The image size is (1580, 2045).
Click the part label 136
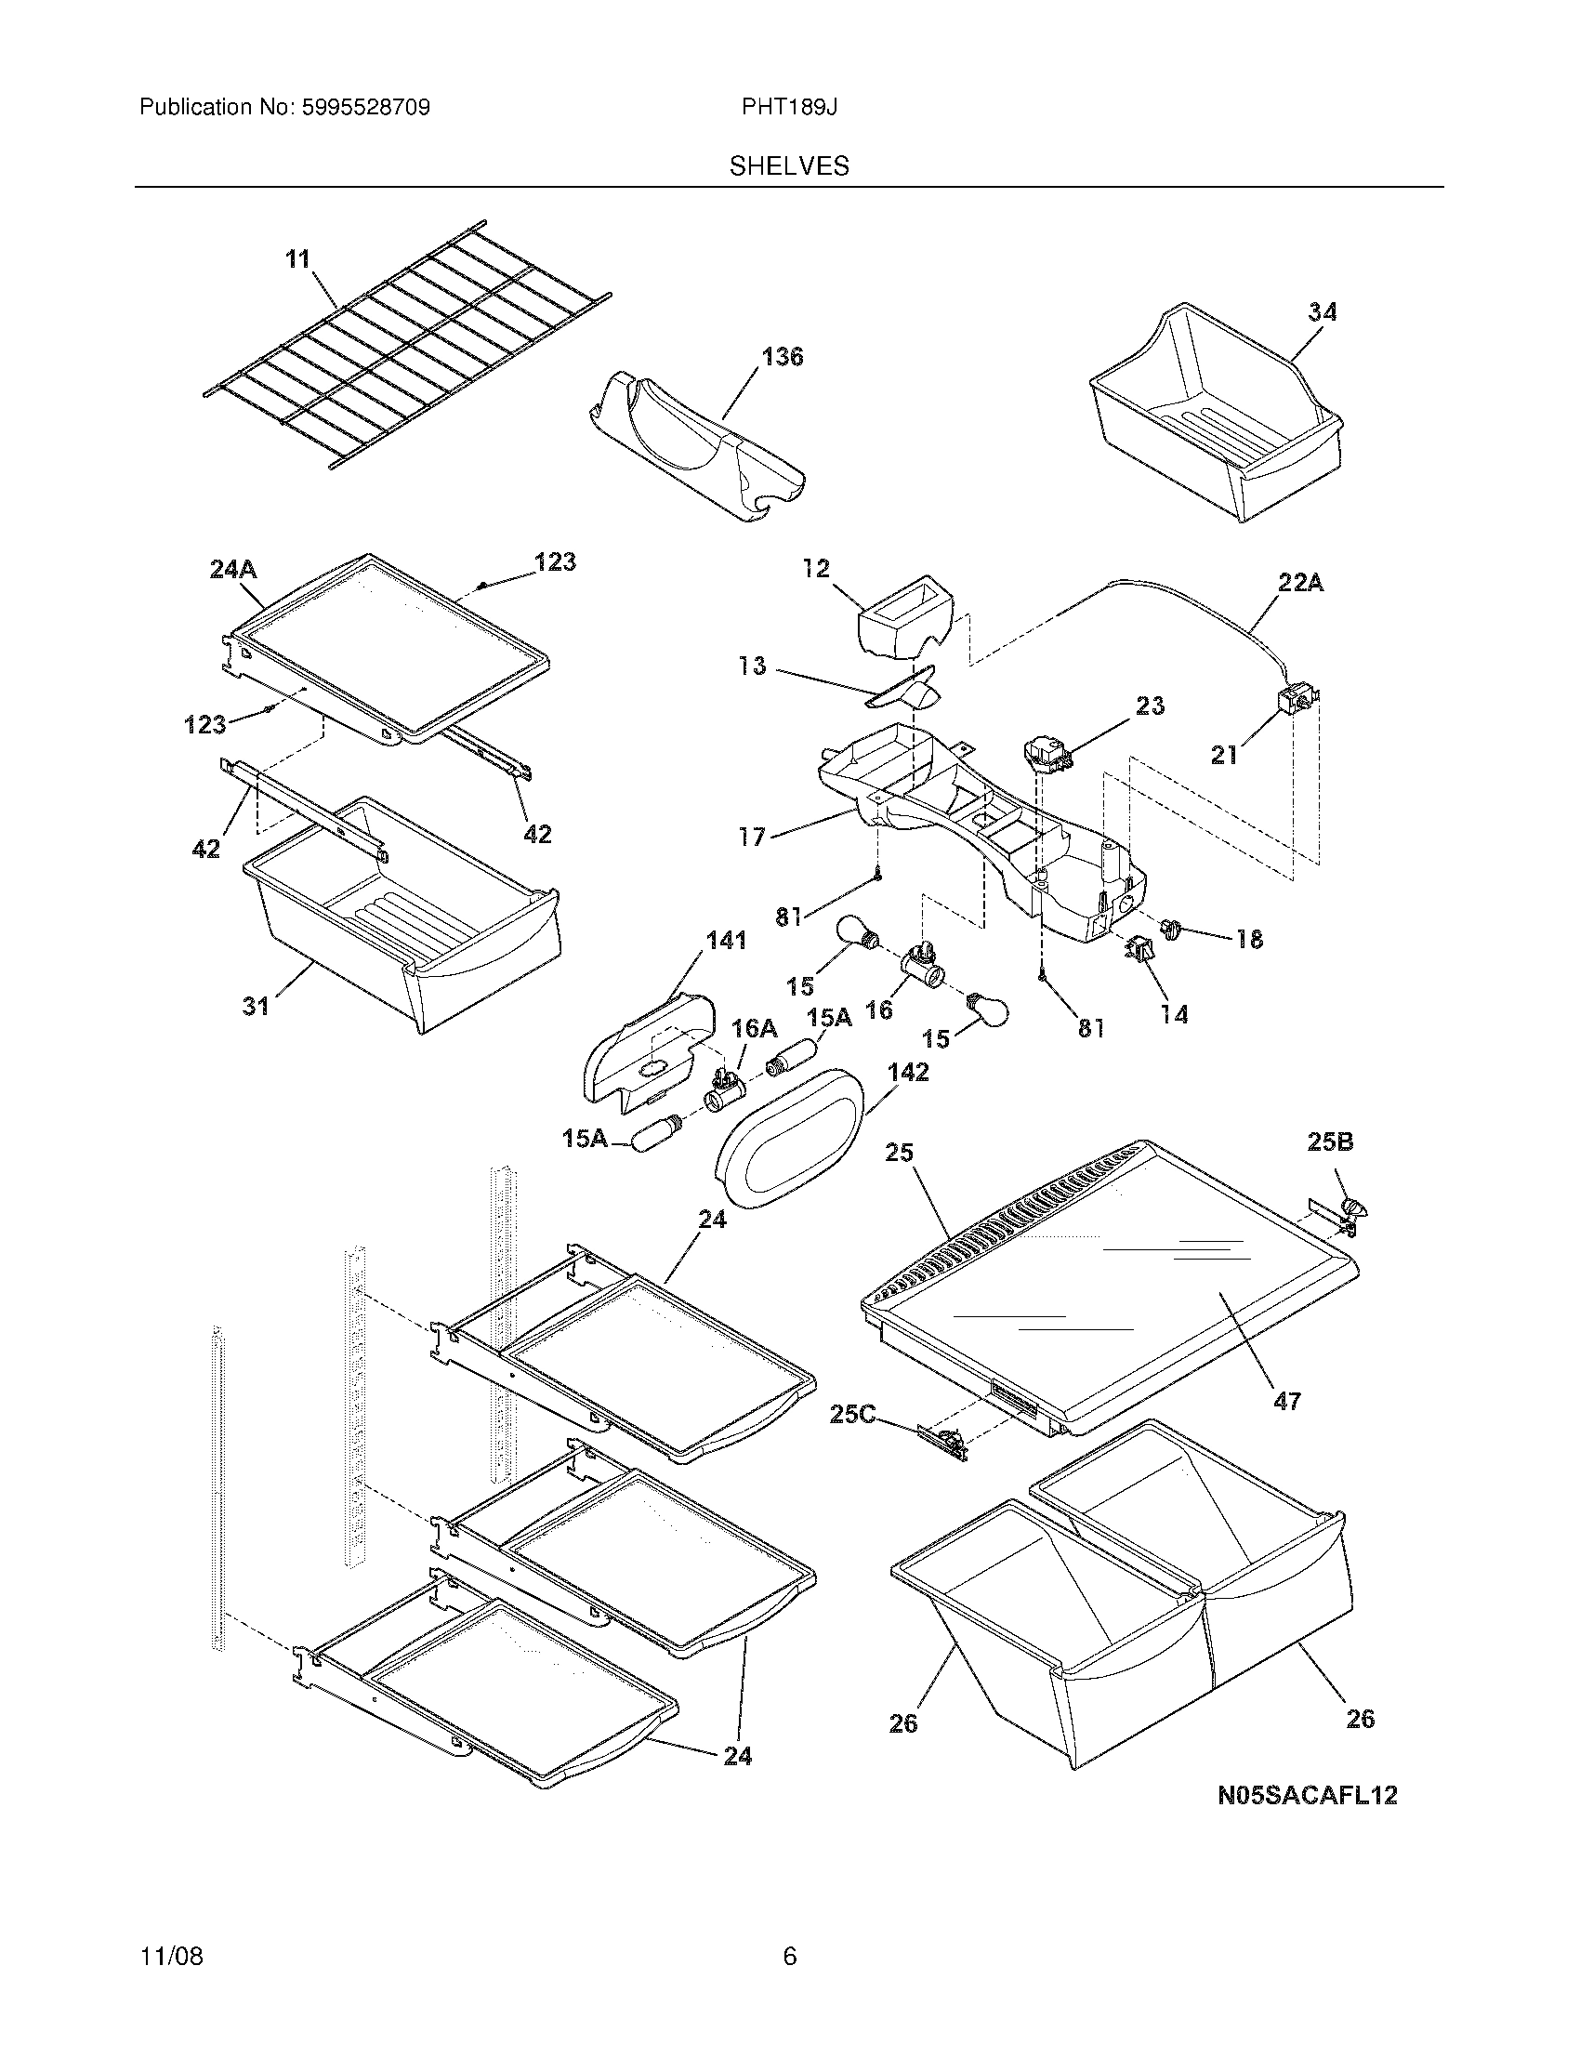tap(783, 357)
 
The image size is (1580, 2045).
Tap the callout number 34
tap(1322, 311)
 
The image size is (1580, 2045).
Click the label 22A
tap(1300, 583)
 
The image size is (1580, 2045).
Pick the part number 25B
tap(1330, 1142)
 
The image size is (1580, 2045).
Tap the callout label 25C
tap(852, 1415)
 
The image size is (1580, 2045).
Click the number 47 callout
tap(1287, 1427)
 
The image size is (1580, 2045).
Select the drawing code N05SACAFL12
tap(1307, 1795)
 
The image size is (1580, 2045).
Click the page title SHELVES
tap(789, 166)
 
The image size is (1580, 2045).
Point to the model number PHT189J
tap(789, 108)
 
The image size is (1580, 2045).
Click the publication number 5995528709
tap(365, 108)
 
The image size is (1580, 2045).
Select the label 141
tap(727, 940)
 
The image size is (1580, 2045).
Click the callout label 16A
tap(754, 1028)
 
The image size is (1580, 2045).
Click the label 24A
tap(233, 568)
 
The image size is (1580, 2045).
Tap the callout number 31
tap(256, 1006)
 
